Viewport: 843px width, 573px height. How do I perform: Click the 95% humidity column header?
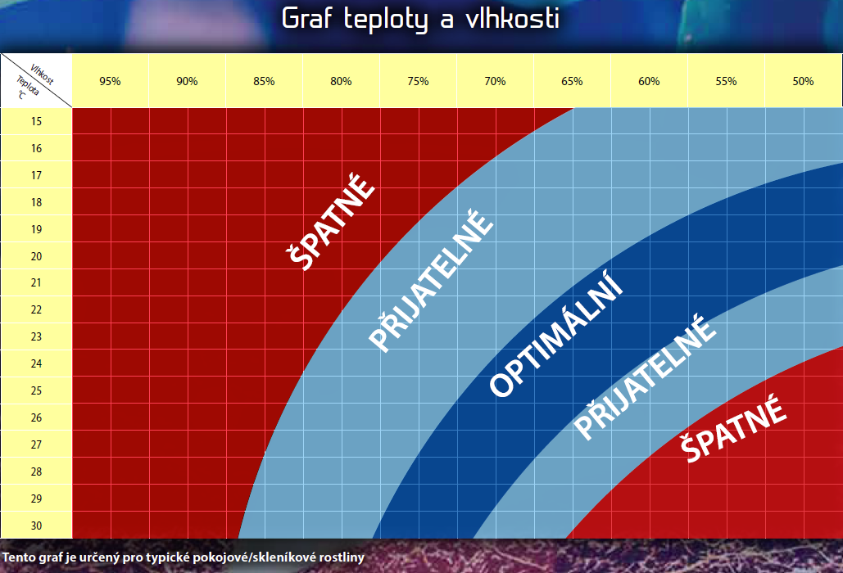coord(110,81)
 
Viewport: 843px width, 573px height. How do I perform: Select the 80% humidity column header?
coord(341,81)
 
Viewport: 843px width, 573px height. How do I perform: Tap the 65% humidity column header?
coord(572,81)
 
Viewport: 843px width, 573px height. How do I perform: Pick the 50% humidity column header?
coord(803,81)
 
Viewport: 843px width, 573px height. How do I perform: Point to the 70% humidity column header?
coord(495,81)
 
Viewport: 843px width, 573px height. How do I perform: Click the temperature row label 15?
coord(36,121)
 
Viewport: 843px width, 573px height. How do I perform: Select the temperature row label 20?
coord(36,256)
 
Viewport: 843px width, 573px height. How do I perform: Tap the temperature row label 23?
coord(36,336)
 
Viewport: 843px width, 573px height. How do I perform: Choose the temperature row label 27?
coord(36,444)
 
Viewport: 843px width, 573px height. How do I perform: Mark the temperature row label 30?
coord(36,526)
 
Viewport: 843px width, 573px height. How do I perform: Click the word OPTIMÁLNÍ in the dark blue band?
coord(556,337)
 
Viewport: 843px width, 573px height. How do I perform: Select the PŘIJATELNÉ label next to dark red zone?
coord(431,282)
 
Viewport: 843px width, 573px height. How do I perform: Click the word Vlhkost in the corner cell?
coord(42,74)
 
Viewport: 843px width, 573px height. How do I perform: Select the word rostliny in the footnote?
coord(336,557)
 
